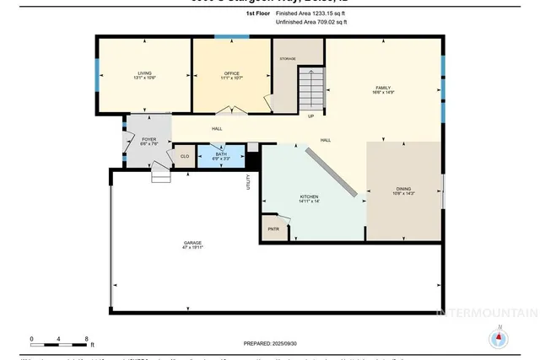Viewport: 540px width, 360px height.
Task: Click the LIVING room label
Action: click(x=145, y=75)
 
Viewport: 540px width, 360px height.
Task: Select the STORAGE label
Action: click(x=288, y=58)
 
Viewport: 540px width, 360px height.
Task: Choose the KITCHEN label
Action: click(x=309, y=199)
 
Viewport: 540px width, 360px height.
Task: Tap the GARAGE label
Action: click(x=193, y=245)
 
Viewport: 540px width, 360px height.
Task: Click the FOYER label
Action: click(x=148, y=140)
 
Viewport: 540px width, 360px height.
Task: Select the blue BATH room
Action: click(x=221, y=155)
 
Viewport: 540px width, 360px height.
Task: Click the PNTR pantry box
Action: click(x=273, y=228)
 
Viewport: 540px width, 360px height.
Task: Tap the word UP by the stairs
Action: click(x=310, y=116)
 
